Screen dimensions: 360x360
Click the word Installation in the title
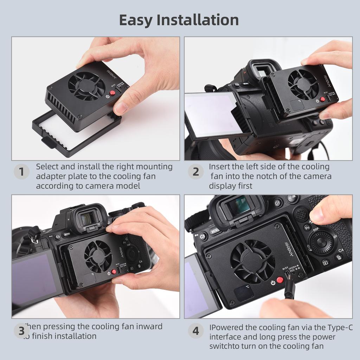point(198,20)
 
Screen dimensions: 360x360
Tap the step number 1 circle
point(21,172)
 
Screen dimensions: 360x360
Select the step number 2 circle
point(195,172)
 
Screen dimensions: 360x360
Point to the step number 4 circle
point(195,331)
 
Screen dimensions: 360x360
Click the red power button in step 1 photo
point(112,93)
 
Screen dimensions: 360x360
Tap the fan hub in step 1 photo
point(86,85)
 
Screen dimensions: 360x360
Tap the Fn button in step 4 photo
point(307,228)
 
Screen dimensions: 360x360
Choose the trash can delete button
point(339,257)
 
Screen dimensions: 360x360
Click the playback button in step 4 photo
point(326,262)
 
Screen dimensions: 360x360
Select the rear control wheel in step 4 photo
point(321,242)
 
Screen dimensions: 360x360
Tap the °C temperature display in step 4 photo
point(245,292)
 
